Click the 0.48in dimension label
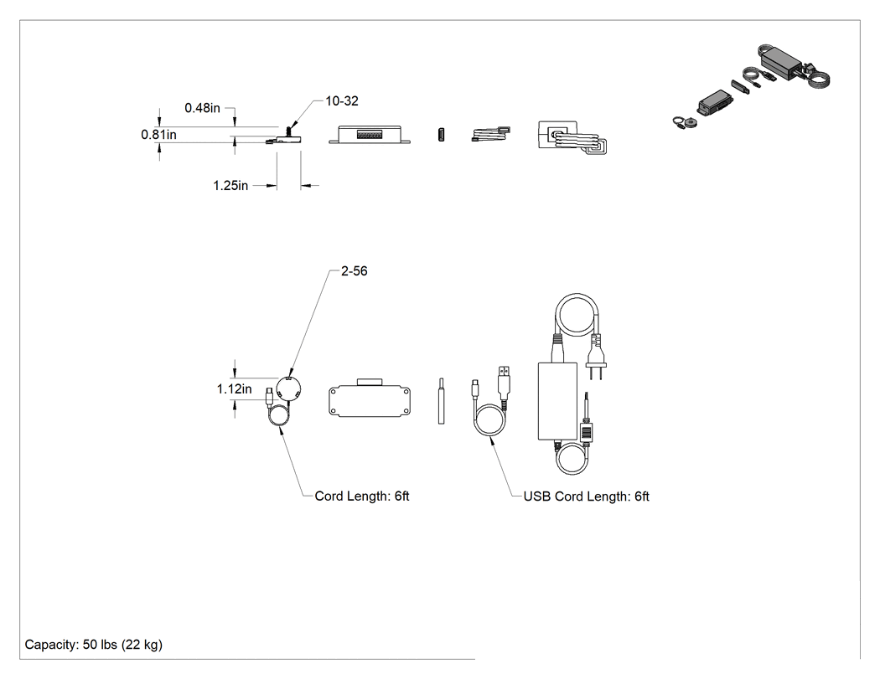(202, 108)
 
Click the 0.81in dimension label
(158, 135)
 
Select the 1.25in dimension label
(230, 186)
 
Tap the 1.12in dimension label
(234, 389)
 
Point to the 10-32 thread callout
(342, 101)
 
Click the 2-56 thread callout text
(355, 270)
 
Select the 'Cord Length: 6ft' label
(361, 496)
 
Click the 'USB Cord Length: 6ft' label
(586, 496)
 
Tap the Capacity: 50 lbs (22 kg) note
(94, 645)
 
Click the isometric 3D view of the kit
(751, 87)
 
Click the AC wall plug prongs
(595, 373)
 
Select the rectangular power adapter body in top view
(557, 401)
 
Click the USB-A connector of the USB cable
(504, 379)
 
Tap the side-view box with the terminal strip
(369, 135)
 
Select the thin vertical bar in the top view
(441, 401)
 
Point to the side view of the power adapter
(572, 138)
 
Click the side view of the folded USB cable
(490, 135)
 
